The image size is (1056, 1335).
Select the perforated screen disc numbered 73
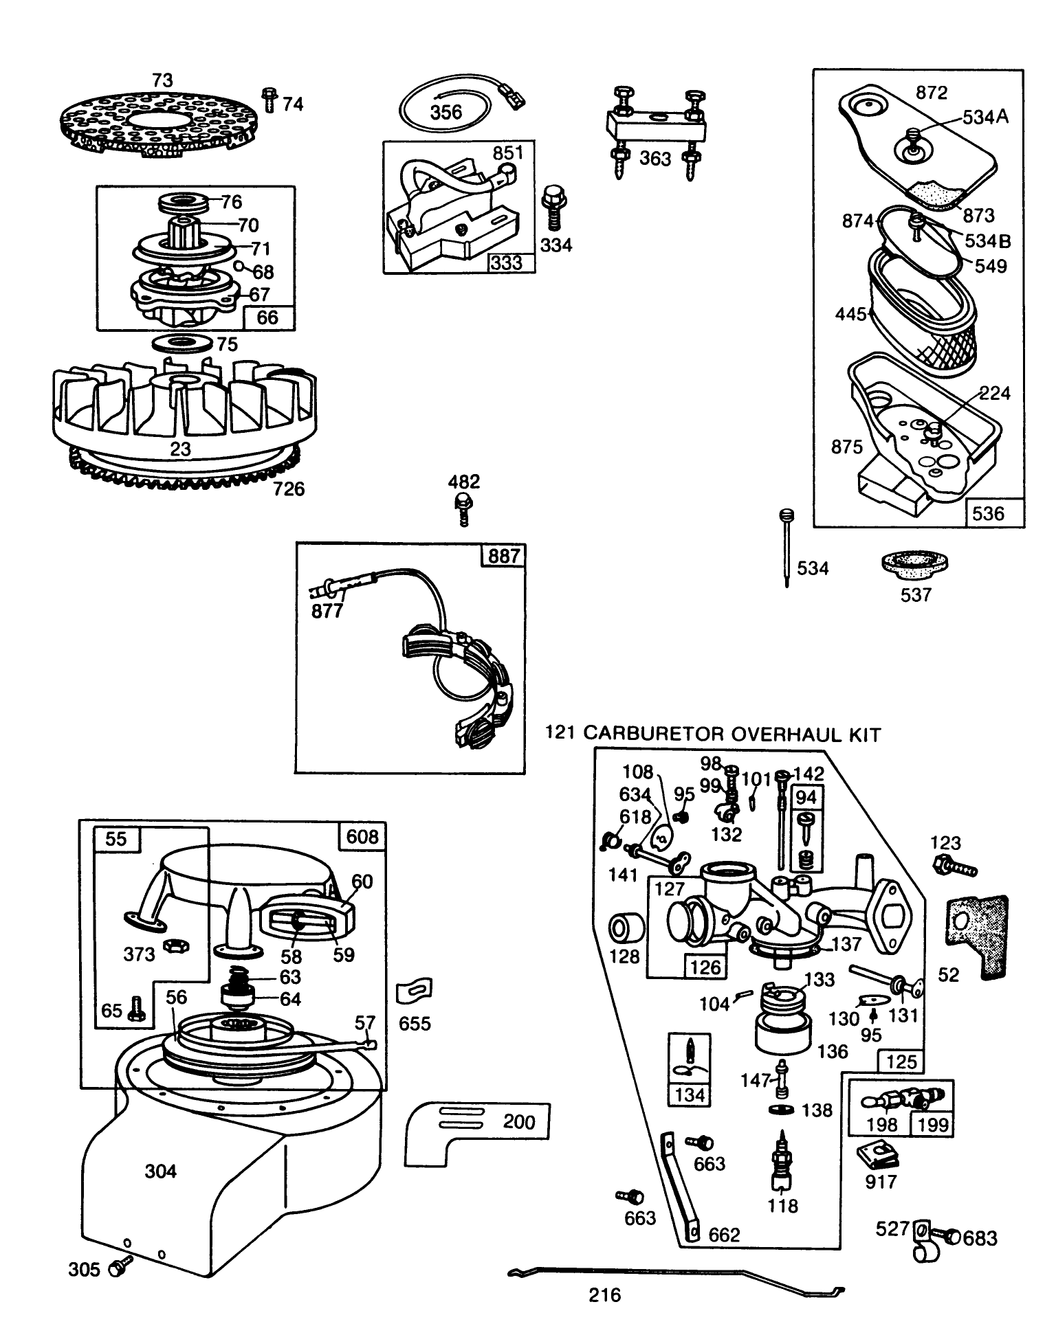[162, 123]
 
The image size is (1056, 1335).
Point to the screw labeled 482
[464, 508]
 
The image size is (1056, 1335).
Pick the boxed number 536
[989, 513]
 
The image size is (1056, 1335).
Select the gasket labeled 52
[978, 936]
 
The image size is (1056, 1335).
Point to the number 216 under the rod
[605, 1295]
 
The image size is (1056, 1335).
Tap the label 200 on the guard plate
[518, 1122]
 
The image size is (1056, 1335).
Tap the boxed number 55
[115, 839]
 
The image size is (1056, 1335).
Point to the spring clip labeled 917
[877, 1158]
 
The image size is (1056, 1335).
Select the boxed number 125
[901, 1062]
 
